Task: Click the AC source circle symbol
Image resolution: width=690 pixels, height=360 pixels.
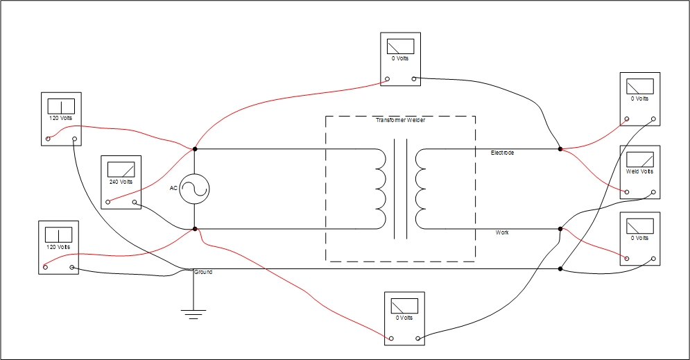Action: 194,189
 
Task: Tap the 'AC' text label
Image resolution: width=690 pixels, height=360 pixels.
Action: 173,188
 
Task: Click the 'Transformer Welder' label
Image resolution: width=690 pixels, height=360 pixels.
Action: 400,120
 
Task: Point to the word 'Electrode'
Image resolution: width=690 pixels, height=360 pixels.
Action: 502,152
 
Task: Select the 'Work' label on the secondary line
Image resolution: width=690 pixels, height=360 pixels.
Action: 502,232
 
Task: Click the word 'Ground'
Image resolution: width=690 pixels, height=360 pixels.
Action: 203,272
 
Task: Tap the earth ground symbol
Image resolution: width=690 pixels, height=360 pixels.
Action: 194,314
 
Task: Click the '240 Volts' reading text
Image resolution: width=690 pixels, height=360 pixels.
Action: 121,182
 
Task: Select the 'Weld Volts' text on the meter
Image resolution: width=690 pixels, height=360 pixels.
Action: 639,171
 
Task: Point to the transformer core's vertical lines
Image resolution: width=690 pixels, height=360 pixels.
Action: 400,189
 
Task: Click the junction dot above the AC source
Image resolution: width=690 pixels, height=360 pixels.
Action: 195,149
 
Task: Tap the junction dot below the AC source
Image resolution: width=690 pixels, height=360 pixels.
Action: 195,229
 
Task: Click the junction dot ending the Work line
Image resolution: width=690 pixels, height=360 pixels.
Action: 560,229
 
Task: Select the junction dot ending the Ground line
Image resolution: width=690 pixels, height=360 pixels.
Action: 560,268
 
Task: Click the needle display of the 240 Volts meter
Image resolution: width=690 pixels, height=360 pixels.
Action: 121,169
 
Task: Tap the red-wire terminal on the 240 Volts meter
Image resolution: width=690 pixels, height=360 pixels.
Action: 108,203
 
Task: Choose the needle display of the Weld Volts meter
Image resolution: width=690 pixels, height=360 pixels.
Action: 639,159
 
